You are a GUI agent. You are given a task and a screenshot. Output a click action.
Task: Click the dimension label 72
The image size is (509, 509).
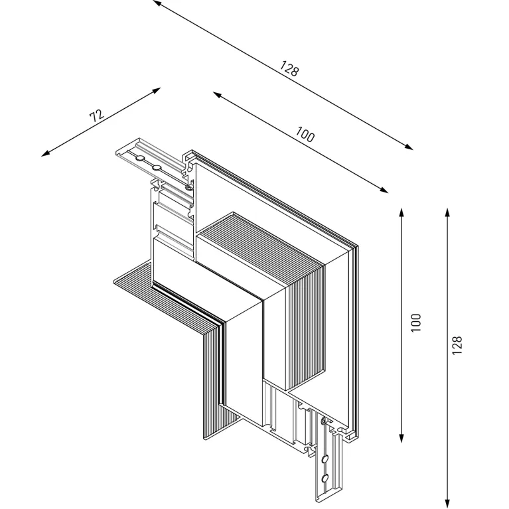[x=97, y=115]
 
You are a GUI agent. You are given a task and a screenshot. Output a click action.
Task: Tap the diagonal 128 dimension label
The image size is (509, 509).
[x=289, y=68]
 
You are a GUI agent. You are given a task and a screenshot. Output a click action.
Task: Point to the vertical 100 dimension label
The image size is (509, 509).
[x=416, y=323]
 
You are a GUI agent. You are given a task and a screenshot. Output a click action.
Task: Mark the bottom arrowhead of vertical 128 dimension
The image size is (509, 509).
[x=448, y=501]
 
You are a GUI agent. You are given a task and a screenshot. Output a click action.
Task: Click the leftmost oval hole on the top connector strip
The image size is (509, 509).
[x=139, y=157]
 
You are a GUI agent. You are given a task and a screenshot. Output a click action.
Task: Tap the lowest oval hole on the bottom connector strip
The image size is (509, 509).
[x=325, y=478]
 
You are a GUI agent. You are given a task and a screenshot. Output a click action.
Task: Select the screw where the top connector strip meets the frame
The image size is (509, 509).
[x=189, y=186]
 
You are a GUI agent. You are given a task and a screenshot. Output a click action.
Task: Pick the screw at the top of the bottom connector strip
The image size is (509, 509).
[x=324, y=421]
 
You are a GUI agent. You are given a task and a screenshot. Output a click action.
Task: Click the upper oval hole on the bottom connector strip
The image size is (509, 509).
[x=325, y=459]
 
